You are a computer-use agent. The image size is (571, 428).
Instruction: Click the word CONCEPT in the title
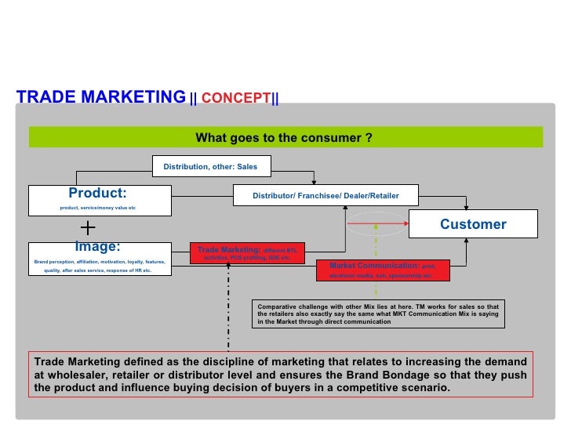[x=236, y=99]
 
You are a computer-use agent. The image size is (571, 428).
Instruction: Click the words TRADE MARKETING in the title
[x=101, y=97]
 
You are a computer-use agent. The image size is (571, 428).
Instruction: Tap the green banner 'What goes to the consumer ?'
[x=284, y=138]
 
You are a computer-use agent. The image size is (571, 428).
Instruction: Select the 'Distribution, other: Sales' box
[x=210, y=166]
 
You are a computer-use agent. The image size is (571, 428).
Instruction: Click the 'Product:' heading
[x=97, y=193]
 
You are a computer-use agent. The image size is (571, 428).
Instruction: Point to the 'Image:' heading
[x=97, y=247]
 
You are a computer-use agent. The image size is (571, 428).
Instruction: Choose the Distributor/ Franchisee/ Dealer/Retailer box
[x=326, y=195]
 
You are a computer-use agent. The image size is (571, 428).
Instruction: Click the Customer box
[x=473, y=224]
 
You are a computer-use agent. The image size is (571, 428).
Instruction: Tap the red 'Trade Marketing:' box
[x=247, y=252]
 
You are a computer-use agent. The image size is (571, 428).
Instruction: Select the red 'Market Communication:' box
[x=383, y=270]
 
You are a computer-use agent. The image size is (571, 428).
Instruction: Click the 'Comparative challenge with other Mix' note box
[x=380, y=314]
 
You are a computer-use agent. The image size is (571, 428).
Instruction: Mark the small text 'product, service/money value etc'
[x=98, y=208]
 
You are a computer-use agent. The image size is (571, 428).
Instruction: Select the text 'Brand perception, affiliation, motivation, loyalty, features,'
[x=100, y=261]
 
